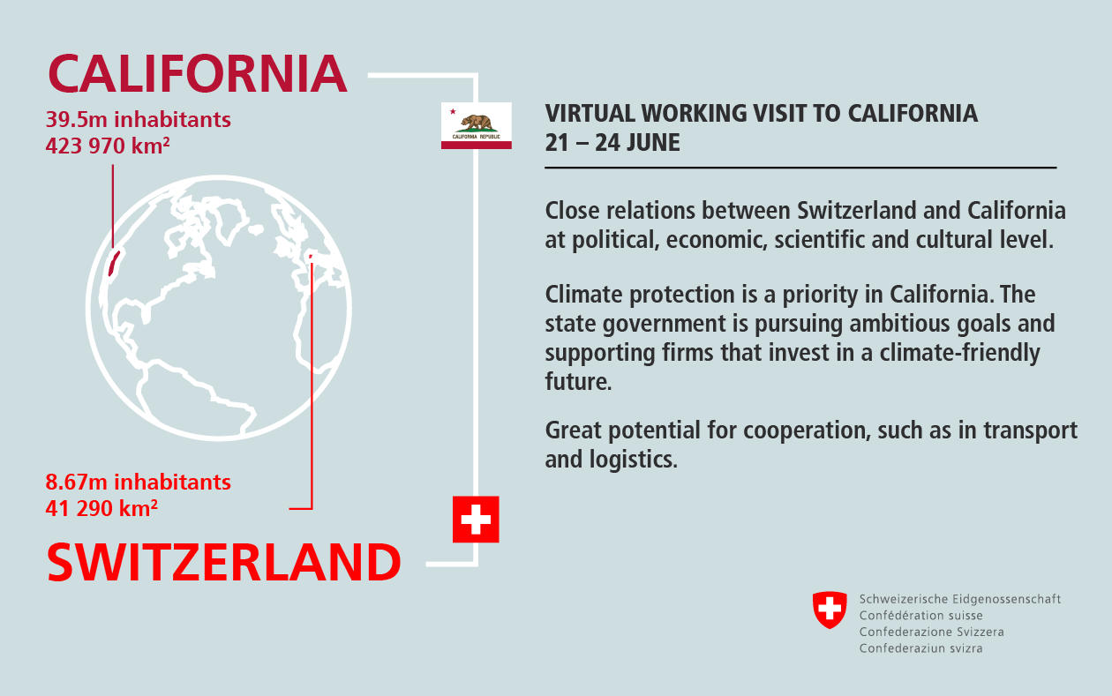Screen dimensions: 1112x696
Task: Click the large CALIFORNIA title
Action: (x=197, y=73)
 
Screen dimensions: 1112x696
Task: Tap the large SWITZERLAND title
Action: (x=223, y=562)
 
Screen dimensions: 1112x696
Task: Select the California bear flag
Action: (x=476, y=125)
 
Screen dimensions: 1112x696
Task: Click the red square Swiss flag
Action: (x=476, y=520)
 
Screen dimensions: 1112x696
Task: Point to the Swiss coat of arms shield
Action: (x=830, y=610)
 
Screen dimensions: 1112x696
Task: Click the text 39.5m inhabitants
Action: (x=138, y=120)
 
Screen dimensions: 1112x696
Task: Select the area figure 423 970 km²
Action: (x=108, y=146)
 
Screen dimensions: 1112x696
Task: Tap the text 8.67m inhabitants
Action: (x=138, y=483)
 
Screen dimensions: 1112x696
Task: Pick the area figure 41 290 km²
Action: (x=101, y=508)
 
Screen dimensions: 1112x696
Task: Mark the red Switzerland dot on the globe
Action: (x=311, y=257)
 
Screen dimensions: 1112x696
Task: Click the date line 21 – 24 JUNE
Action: (x=612, y=143)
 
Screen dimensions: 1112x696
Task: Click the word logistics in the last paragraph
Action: (x=633, y=460)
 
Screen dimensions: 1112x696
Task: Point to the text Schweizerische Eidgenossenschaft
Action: (x=960, y=599)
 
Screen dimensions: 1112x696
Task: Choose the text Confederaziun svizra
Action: (x=920, y=648)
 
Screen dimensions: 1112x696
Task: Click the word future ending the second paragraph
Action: (x=578, y=381)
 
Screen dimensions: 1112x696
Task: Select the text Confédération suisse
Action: (x=920, y=616)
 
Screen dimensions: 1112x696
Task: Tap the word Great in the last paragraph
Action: (x=573, y=430)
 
